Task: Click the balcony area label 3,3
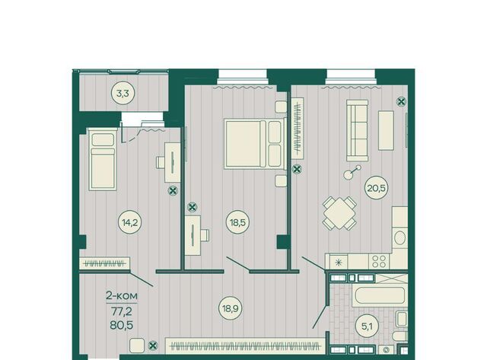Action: pyautogui.click(x=123, y=93)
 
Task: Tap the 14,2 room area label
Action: pyautogui.click(x=130, y=222)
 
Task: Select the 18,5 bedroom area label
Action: pyautogui.click(x=237, y=222)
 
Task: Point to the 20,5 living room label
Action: pyautogui.click(x=377, y=188)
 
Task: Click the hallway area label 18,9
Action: pyautogui.click(x=231, y=308)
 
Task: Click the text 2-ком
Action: pyautogui.click(x=122, y=296)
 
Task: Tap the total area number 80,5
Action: pyautogui.click(x=122, y=325)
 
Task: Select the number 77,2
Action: pyautogui.click(x=122, y=311)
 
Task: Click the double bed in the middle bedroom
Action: pyautogui.click(x=255, y=144)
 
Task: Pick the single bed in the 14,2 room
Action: pyautogui.click(x=103, y=161)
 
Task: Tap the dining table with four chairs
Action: pyautogui.click(x=339, y=213)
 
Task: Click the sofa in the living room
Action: pyautogui.click(x=358, y=131)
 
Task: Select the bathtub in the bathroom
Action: pyautogui.click(x=380, y=295)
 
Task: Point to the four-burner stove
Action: pyautogui.click(x=379, y=262)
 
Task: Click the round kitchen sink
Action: pyautogui.click(x=399, y=238)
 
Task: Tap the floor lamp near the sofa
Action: pyautogui.click(x=352, y=172)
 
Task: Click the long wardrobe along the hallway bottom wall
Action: pyautogui.click(x=245, y=346)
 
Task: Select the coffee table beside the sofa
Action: pyautogui.click(x=386, y=130)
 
